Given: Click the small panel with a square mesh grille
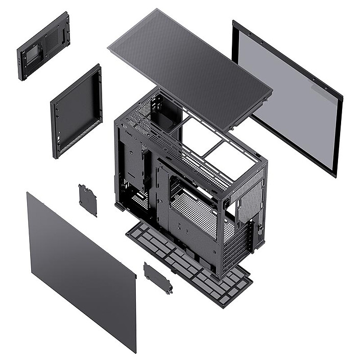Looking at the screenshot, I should coord(43,46).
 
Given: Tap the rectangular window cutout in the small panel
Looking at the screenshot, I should coord(32,53).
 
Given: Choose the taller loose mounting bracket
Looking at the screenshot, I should coord(88,200).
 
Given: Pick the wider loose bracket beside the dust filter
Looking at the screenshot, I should coord(158,278).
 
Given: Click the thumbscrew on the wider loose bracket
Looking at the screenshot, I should coord(169,290).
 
